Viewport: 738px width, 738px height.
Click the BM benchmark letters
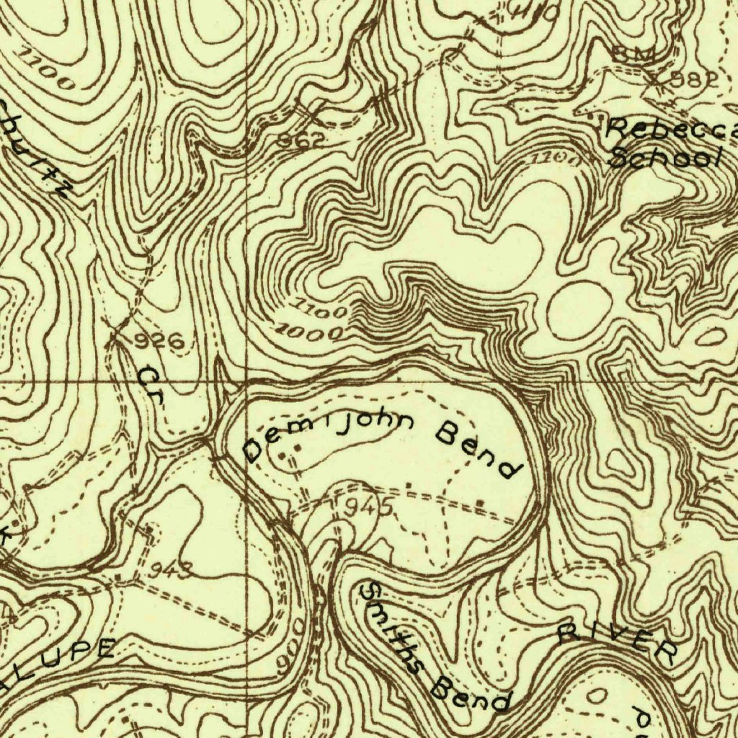click(634, 54)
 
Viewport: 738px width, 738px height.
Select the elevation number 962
click(301, 141)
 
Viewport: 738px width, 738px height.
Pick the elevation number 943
click(171, 572)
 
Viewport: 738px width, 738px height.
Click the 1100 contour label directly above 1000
click(321, 311)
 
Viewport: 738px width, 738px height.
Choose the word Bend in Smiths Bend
click(473, 695)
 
